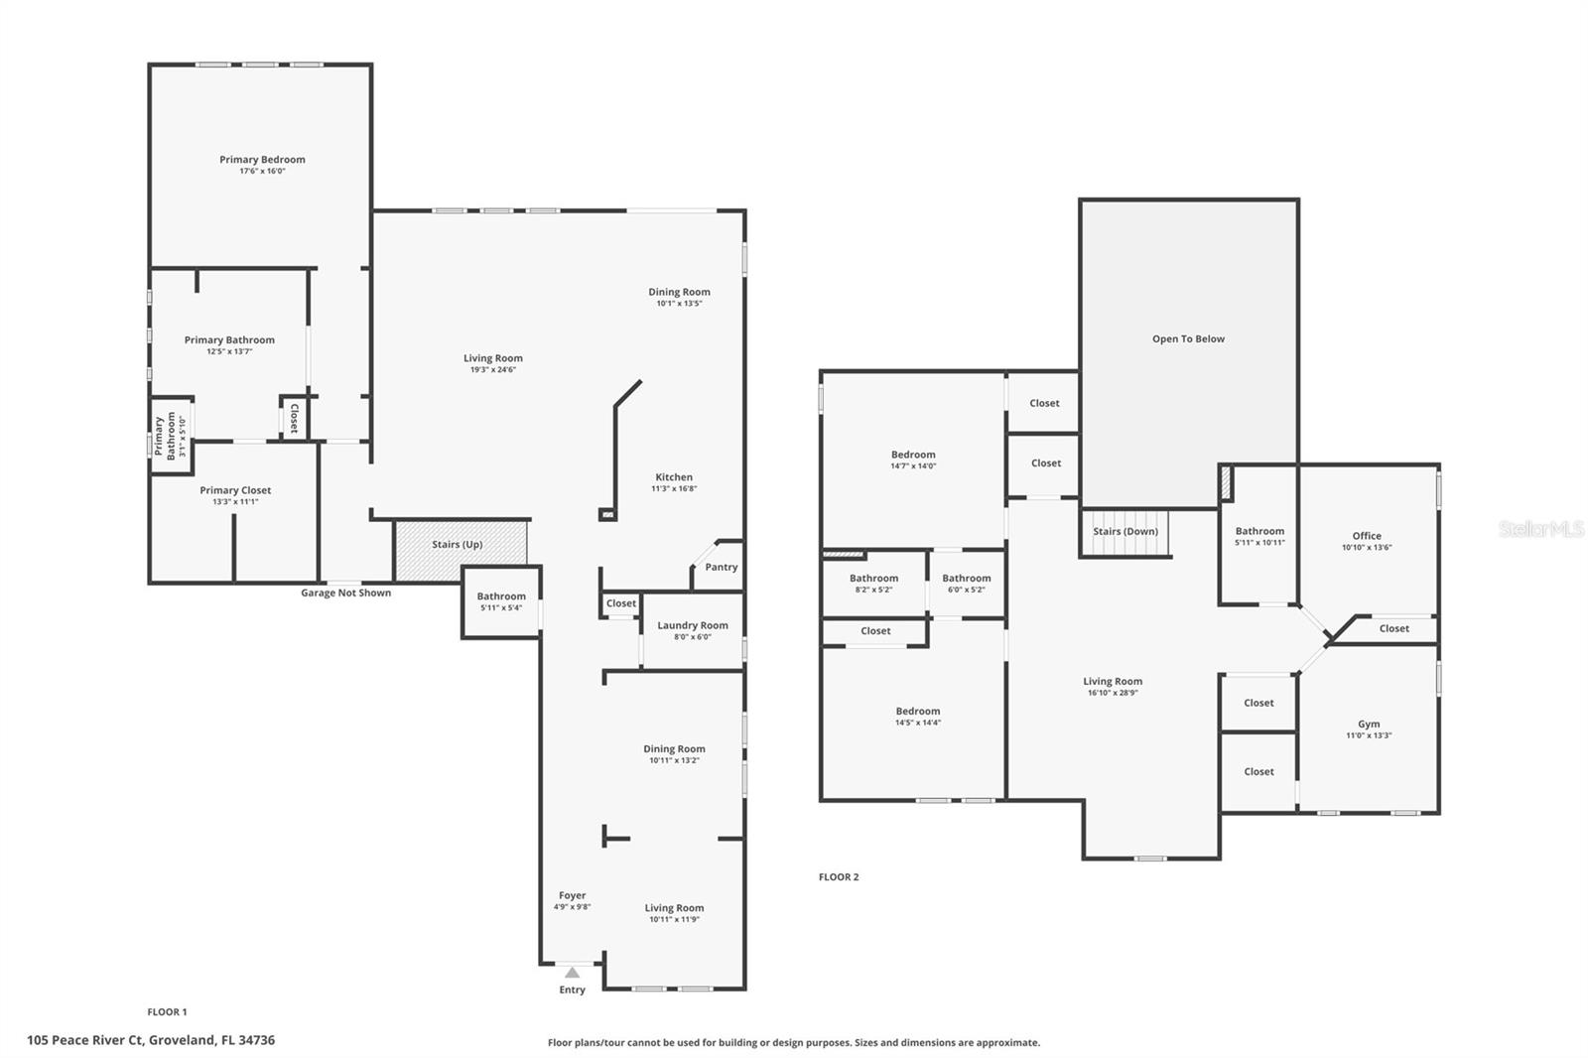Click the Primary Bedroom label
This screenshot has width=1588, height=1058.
tap(262, 160)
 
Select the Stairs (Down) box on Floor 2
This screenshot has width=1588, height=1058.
tap(1125, 533)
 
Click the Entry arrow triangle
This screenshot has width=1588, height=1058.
tap(572, 973)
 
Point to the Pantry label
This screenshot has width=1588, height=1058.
tap(721, 568)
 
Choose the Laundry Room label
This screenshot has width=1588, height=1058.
tap(693, 625)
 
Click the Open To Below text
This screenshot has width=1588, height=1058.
tap(1188, 339)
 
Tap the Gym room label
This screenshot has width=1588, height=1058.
tap(1369, 724)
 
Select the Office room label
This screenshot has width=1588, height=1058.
tap(1367, 536)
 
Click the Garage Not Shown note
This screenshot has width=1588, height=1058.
tap(346, 593)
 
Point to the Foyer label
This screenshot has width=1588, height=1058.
tap(572, 895)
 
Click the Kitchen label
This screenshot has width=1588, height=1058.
tap(674, 477)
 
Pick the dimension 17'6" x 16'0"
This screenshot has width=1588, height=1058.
tap(262, 171)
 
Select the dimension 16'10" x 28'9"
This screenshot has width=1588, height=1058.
tap(1113, 693)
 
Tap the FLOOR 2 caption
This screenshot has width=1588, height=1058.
tap(839, 877)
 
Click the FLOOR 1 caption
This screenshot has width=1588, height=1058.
tap(168, 1012)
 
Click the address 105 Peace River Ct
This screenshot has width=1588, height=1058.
tap(85, 1040)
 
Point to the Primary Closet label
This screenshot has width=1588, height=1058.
tap(235, 490)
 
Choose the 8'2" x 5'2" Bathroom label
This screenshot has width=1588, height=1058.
tap(874, 579)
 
